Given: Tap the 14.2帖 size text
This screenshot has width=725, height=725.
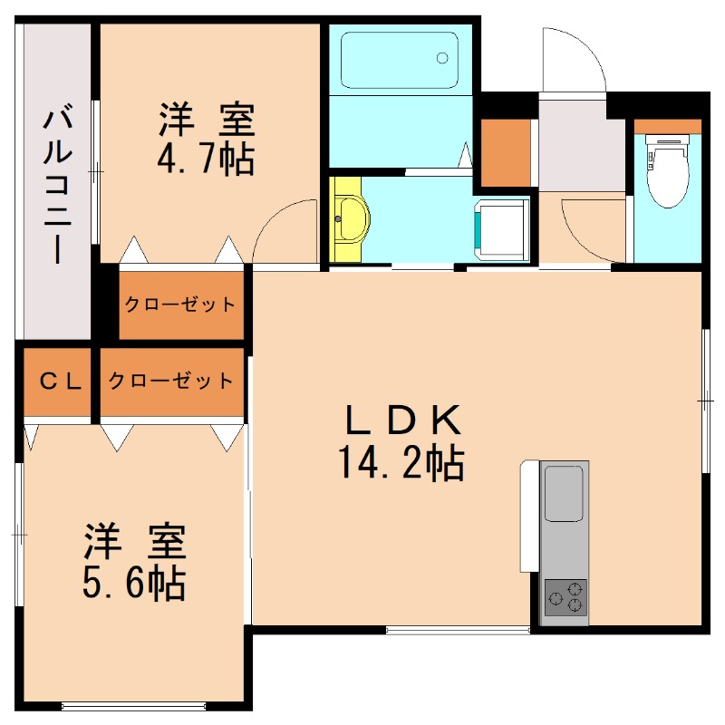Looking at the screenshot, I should [401, 464].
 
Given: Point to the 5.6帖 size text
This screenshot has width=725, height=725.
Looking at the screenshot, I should [134, 583].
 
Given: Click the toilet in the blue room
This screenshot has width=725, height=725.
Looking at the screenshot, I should [668, 168].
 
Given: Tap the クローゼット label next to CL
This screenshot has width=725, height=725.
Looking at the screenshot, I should [172, 381].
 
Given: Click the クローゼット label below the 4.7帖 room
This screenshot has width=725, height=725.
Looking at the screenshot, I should [180, 304].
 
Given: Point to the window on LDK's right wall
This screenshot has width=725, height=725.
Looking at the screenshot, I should [704, 399].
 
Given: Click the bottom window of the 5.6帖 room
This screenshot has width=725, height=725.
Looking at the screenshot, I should [135, 705].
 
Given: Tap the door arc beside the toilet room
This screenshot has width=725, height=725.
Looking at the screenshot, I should [589, 227].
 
